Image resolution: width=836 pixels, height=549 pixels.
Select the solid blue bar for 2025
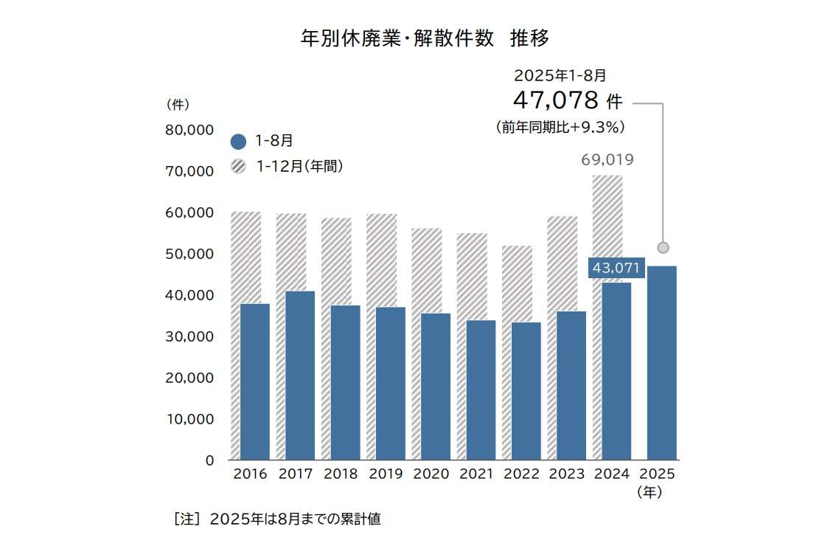[661, 362]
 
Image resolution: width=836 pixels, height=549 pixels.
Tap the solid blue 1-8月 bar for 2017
[300, 375]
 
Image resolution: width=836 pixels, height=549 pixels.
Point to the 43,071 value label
[616, 268]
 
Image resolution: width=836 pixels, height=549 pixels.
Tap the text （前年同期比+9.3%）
[560, 127]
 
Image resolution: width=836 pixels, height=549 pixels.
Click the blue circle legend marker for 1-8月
[238, 142]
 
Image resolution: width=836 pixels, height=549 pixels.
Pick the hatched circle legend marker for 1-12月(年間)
[238, 167]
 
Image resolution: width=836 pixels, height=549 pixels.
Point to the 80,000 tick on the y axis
[189, 130]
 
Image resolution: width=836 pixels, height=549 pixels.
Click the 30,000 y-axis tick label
[189, 336]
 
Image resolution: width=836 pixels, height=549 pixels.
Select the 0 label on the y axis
[209, 460]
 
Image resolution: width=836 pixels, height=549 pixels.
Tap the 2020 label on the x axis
[431, 474]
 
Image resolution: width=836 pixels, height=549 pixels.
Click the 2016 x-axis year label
[250, 474]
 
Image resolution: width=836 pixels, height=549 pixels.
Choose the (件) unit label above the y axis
[178, 104]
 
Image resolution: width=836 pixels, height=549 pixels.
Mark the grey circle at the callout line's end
[663, 247]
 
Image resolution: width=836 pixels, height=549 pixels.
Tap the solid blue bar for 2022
[525, 391]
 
